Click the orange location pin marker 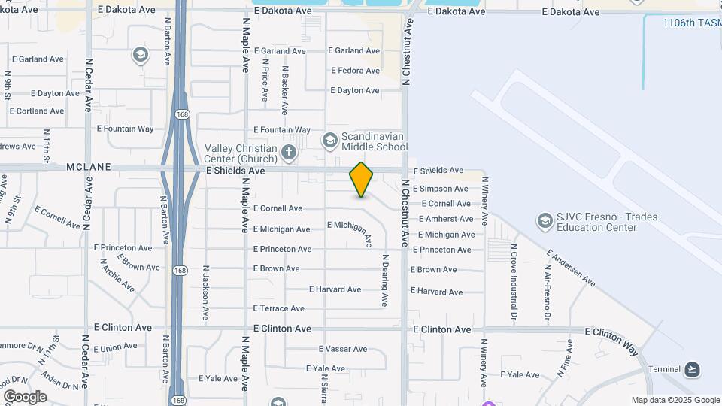click(361, 180)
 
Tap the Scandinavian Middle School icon click(329, 140)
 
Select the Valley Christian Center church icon click(288, 153)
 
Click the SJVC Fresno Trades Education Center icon click(544, 221)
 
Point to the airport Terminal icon click(693, 369)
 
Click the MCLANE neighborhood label click(88, 167)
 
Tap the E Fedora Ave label click(355, 71)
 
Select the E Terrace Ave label click(278, 308)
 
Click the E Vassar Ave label click(342, 349)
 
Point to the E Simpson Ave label click(440, 189)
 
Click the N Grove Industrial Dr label click(514, 272)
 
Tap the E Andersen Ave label click(571, 268)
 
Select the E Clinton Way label click(611, 341)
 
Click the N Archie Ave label click(117, 276)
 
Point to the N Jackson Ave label click(205, 293)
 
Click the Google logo click(25, 397)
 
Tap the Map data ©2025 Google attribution click(675, 401)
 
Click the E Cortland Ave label click(36, 111)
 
